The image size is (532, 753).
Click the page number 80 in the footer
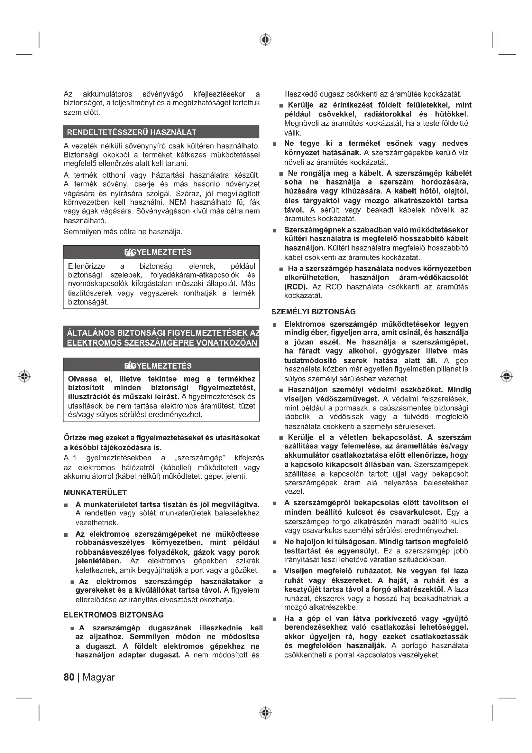click(69, 677)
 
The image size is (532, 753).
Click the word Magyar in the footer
click(99, 677)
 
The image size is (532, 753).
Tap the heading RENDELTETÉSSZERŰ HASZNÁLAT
click(131, 132)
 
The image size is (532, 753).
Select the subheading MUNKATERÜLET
click(95, 492)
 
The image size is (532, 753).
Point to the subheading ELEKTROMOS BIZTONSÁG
click(114, 615)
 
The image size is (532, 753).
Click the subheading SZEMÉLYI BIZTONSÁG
click(314, 312)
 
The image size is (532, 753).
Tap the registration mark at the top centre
click(266, 40)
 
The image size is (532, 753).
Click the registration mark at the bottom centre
click(266, 713)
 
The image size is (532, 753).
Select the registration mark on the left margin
click(24, 376)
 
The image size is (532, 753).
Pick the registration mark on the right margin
click(507, 376)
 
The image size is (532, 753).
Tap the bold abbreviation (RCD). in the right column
click(296, 287)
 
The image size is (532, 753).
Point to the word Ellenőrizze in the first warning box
click(87, 266)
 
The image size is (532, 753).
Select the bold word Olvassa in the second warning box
click(83, 379)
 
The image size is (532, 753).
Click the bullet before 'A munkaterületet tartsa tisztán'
click(66, 505)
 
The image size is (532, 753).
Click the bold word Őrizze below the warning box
click(73, 438)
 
